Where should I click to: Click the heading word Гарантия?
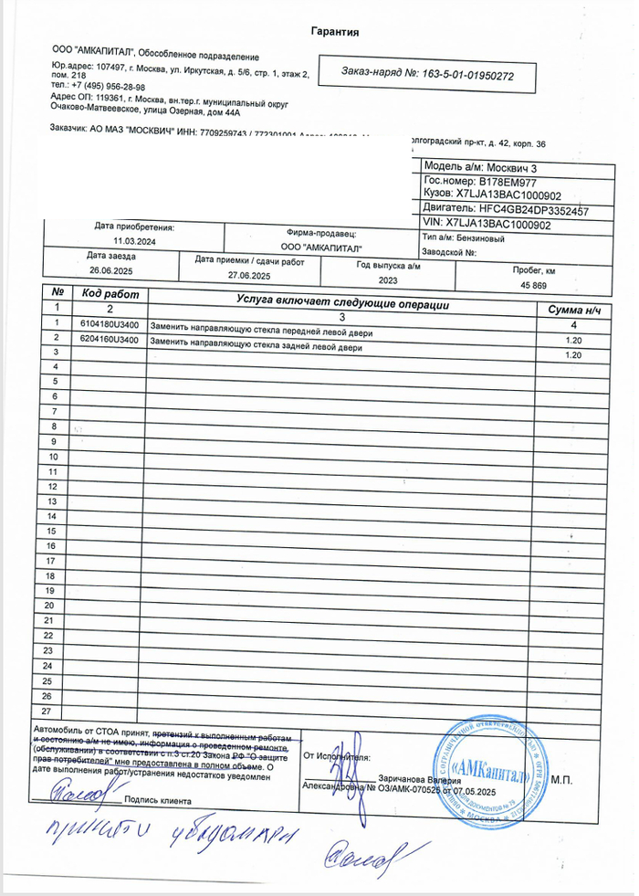334,32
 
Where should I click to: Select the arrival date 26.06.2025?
110,271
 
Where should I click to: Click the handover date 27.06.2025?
249,275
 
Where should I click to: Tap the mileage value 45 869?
533,286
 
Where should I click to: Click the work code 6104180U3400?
110,324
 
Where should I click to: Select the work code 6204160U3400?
110,339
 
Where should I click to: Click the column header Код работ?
110,294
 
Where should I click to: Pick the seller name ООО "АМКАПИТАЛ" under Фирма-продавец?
321,248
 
